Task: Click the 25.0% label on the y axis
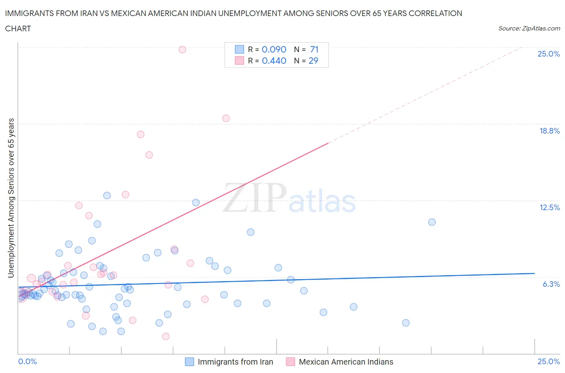pos(549,54)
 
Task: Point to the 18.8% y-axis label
pos(549,131)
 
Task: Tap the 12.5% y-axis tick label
pos(549,207)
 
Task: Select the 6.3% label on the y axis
pos(551,284)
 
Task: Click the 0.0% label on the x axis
pos(27,361)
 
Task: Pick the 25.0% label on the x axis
pos(549,361)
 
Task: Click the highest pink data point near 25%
pos(182,50)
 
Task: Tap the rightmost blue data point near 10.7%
pos(432,222)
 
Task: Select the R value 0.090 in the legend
pos(274,49)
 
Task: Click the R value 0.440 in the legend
pos(274,61)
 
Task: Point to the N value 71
pos(314,49)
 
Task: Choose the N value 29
pos(313,61)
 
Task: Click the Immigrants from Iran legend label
pos(235,362)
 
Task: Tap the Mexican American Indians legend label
pos(346,362)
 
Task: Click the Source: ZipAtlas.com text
pos(529,28)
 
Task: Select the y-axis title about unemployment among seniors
pos(11,198)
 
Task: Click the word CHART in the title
pos(18,28)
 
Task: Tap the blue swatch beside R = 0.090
pos(239,49)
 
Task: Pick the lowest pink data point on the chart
pos(166,337)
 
